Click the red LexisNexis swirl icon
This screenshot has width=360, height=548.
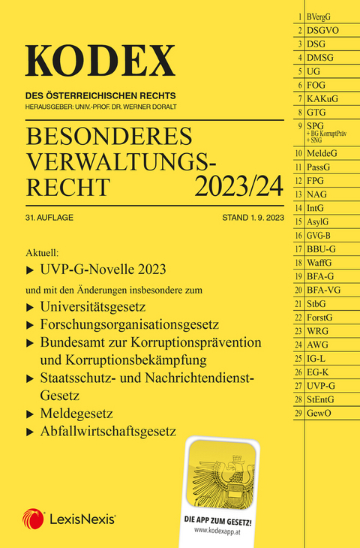(32, 518)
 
